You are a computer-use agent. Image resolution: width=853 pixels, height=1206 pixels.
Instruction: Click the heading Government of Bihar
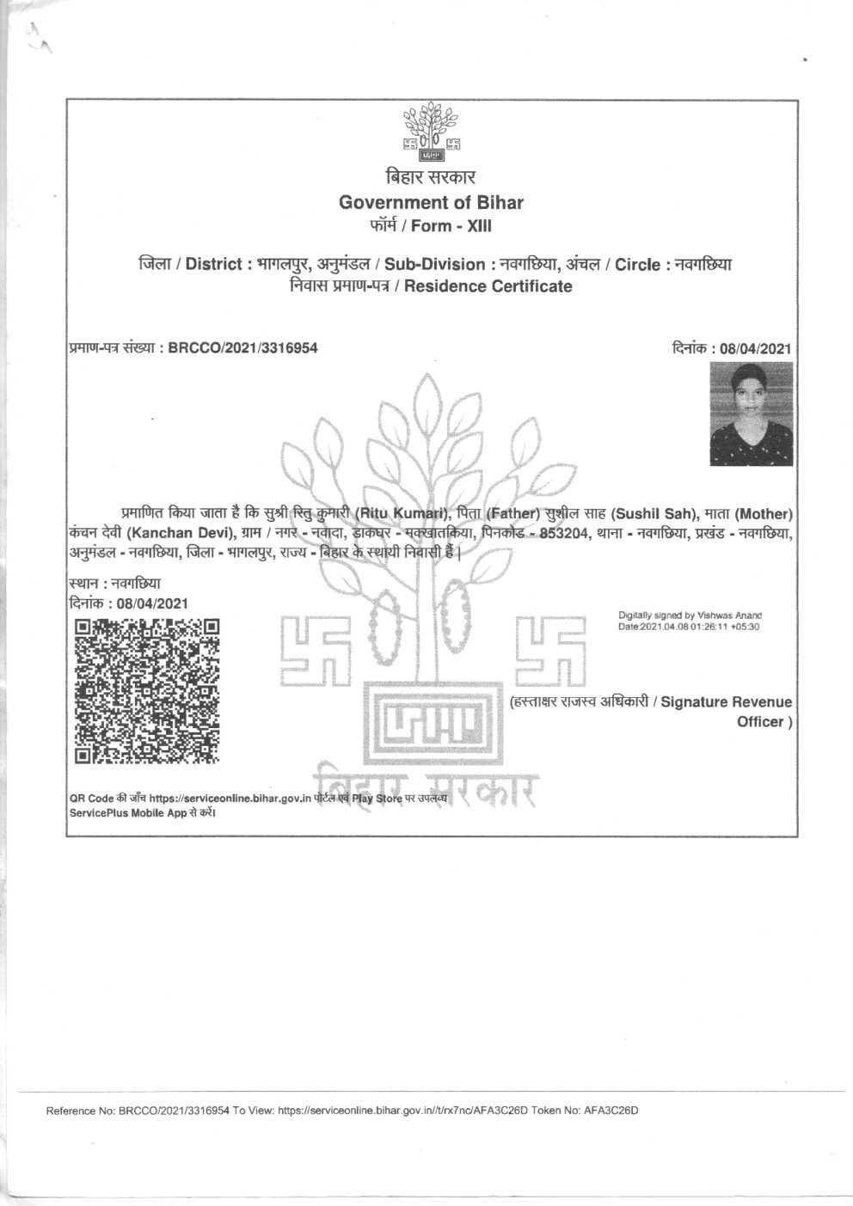tap(431, 203)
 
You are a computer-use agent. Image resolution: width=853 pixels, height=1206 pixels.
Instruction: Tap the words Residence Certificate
tap(488, 286)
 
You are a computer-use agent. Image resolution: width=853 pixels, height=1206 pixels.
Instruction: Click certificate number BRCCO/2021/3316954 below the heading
tap(243, 349)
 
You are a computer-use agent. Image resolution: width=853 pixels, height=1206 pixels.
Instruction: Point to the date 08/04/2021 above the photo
tap(754, 349)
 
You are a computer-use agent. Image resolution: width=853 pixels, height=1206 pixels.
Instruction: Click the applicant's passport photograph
tap(751, 414)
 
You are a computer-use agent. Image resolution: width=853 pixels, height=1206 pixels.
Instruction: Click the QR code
tap(144, 692)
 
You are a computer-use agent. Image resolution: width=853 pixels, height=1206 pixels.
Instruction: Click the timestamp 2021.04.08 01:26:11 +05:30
tap(698, 627)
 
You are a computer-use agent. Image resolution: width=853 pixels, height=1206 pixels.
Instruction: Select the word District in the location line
tap(213, 265)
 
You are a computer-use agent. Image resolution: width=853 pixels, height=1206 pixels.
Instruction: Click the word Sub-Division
tap(435, 265)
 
